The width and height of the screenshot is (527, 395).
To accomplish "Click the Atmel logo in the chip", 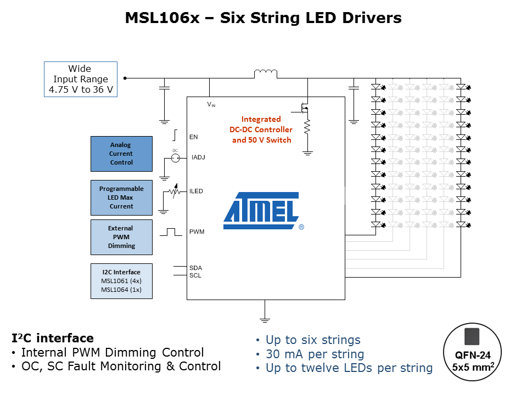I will (261, 211).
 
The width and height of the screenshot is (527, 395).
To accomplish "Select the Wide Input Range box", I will (80, 80).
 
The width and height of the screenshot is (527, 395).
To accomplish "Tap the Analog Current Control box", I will (121, 154).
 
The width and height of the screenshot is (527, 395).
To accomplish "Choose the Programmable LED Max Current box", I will (121, 198).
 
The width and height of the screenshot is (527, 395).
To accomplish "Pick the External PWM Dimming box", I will (121, 237).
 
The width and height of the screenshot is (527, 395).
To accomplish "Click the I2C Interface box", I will (121, 281).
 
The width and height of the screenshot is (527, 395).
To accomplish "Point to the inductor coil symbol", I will (265, 74).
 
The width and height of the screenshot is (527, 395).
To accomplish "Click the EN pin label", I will (193, 137).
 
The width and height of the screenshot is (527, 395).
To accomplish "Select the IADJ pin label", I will (198, 158).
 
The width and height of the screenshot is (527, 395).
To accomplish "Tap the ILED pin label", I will (196, 191).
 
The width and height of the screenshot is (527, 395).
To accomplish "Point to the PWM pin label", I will (197, 232).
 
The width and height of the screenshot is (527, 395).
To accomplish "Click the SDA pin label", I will (195, 268).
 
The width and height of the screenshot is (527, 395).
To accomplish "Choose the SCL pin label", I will (195, 275).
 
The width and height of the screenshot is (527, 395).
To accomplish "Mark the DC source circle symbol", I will (176, 158).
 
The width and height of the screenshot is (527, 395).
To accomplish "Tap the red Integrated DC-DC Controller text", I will (261, 129).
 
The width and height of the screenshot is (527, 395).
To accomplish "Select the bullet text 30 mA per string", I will (315, 354).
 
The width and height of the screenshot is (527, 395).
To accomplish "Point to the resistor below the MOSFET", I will (307, 127).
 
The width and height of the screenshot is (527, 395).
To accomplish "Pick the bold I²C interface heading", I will (53, 338).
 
